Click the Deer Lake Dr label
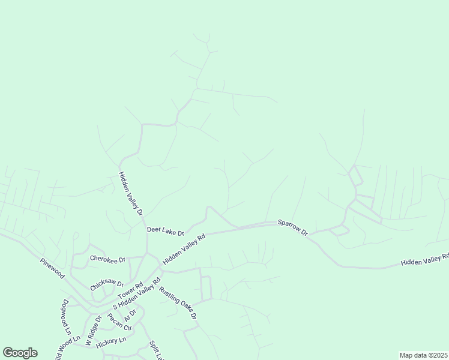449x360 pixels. pyautogui.click(x=165, y=230)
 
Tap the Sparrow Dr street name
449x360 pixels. pyautogui.click(x=292, y=227)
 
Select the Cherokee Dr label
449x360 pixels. pyautogui.click(x=107, y=259)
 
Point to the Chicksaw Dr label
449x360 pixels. pyautogui.click(x=107, y=286)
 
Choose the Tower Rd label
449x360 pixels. pyautogui.click(x=130, y=292)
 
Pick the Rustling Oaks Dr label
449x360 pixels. pyautogui.click(x=178, y=304)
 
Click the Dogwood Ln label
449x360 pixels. pyautogui.click(x=65, y=316)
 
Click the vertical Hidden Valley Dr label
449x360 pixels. pyautogui.click(x=130, y=194)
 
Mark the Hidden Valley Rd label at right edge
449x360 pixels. pyautogui.click(x=425, y=260)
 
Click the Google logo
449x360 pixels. pyautogui.click(x=20, y=353)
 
